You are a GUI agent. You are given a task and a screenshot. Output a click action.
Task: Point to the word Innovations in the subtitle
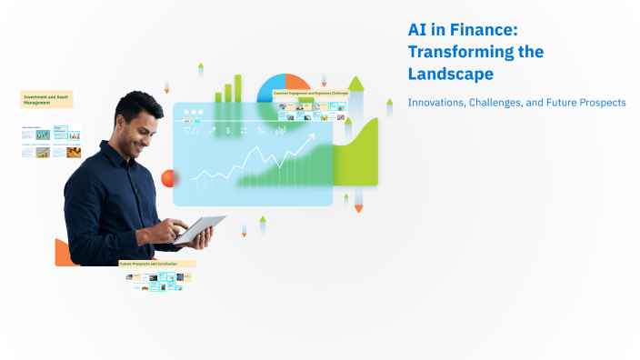[x=435, y=103]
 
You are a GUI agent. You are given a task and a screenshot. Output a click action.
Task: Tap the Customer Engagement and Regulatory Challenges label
[x=311, y=94]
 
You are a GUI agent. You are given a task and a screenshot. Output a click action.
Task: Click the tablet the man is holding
[x=200, y=228]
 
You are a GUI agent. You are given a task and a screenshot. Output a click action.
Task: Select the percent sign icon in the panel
[x=262, y=131]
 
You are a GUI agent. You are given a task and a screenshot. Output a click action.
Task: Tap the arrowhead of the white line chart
[x=312, y=136]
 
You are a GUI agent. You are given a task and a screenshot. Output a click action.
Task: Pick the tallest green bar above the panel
[x=239, y=87]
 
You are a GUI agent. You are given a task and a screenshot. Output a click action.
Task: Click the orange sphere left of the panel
[x=167, y=178]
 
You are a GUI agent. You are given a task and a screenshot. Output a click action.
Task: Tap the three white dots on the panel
[x=194, y=114]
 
